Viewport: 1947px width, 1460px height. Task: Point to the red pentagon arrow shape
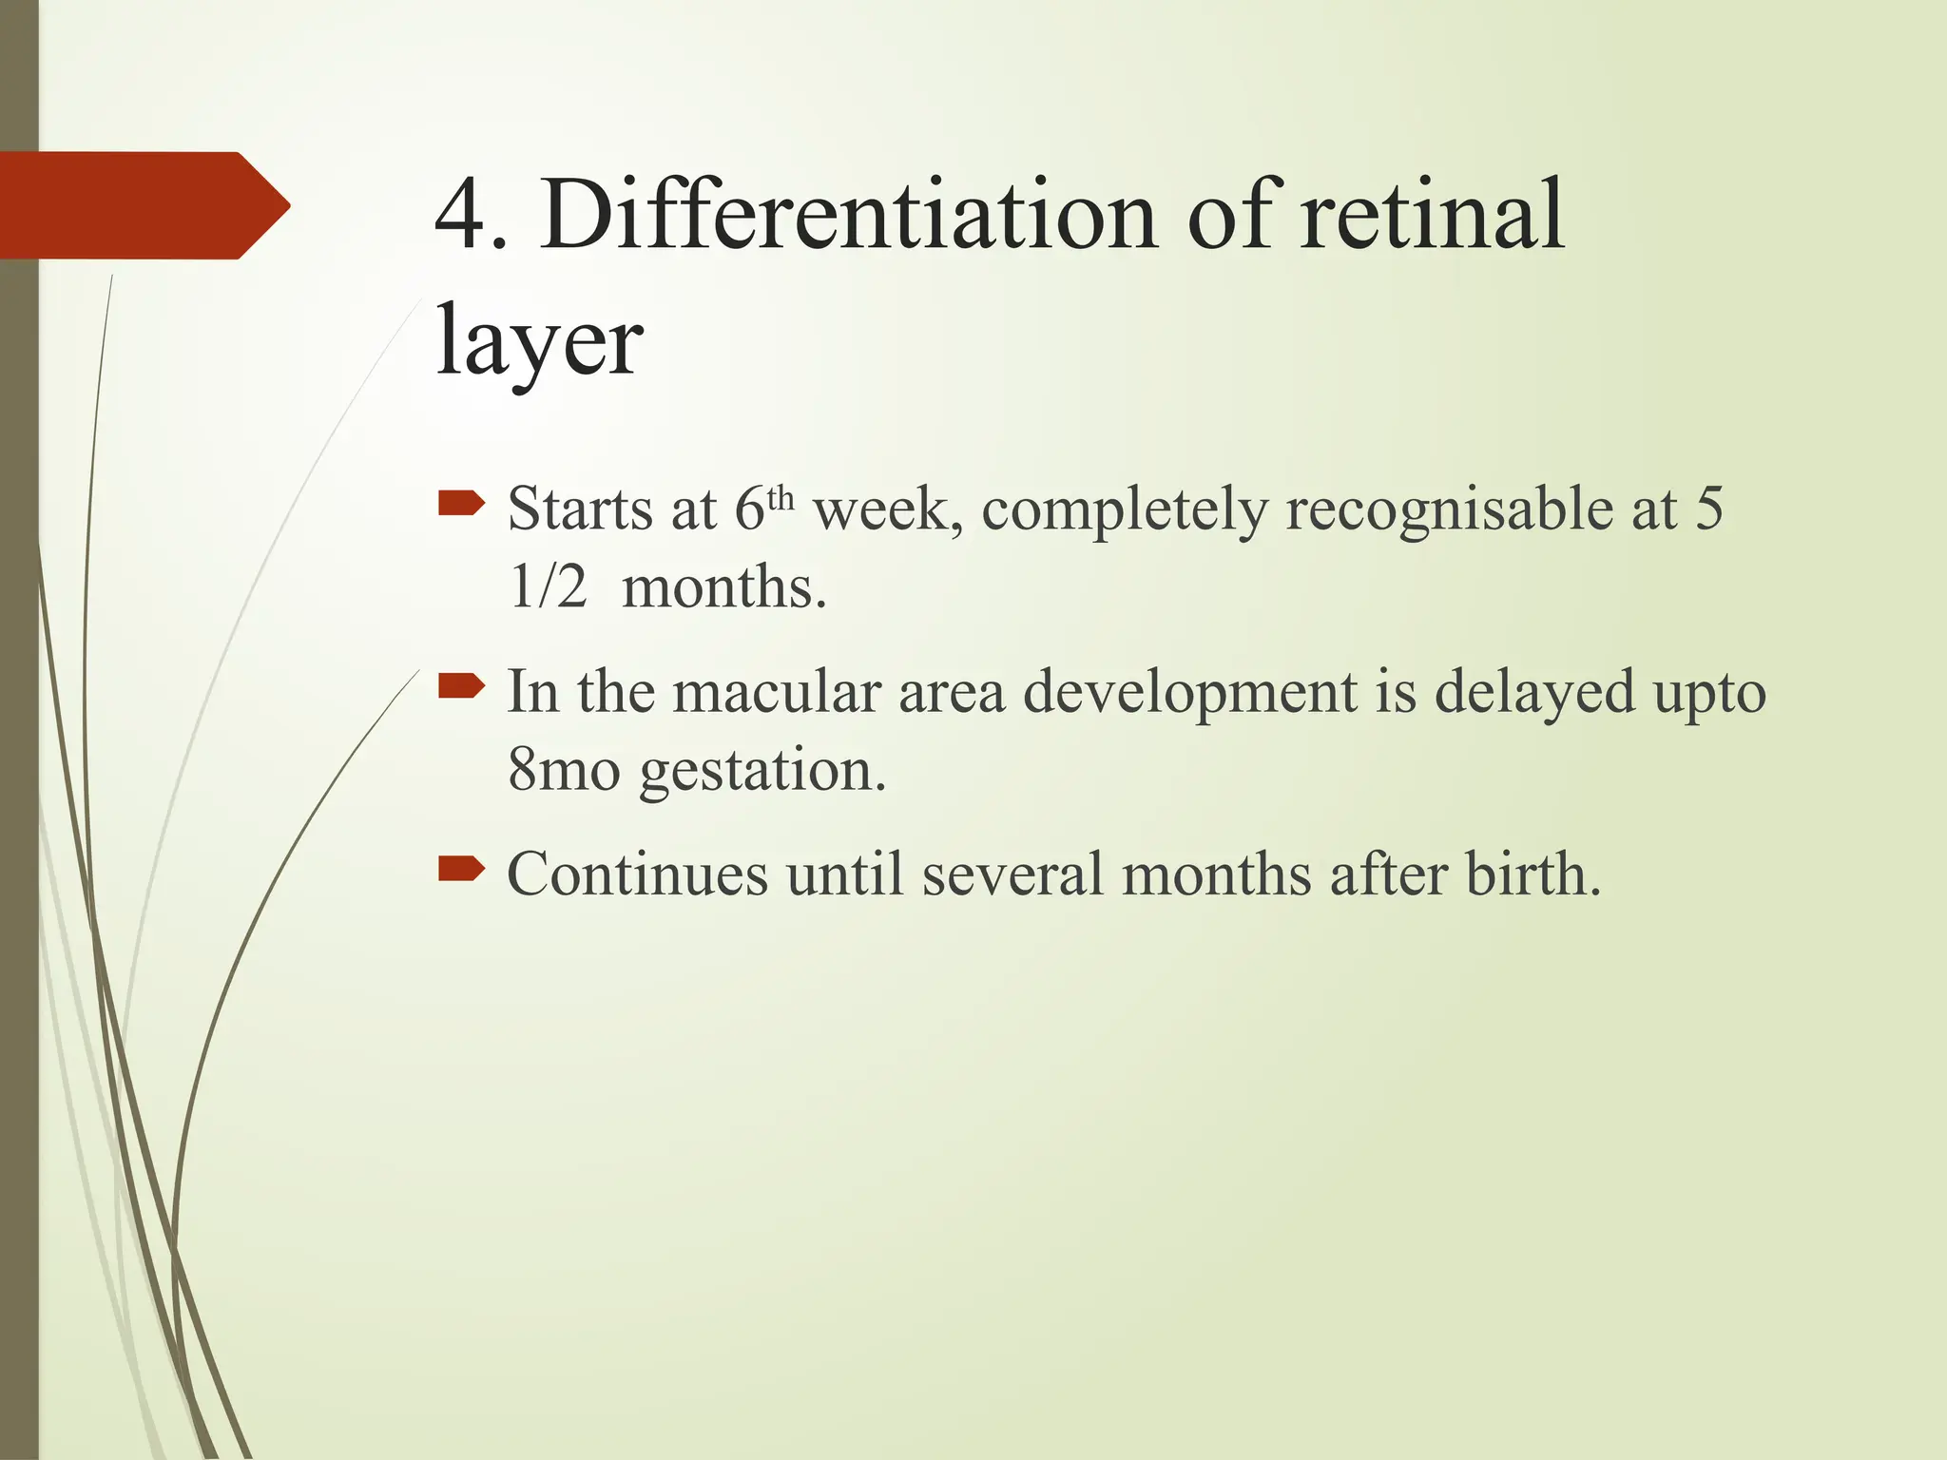pos(143,205)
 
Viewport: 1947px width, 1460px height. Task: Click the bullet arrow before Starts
pos(462,503)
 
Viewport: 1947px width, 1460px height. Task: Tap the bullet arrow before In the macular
pos(462,685)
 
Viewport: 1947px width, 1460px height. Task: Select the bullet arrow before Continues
pos(462,868)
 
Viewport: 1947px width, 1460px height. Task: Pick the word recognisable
pos(1449,510)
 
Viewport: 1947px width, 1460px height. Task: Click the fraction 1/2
pos(548,587)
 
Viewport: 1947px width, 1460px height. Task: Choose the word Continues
pos(637,874)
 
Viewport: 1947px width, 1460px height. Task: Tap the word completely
pos(1124,510)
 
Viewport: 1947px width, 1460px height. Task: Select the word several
pos(1012,874)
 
